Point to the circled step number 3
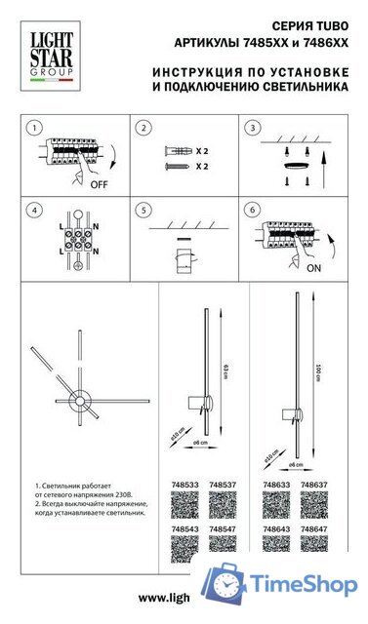[x=252, y=128]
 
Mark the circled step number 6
[x=252, y=210]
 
